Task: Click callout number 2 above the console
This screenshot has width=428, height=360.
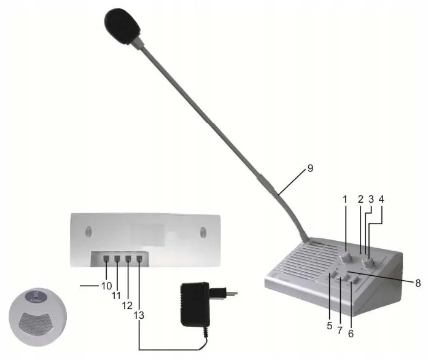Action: click(x=360, y=200)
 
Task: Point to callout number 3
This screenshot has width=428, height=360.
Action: click(x=371, y=200)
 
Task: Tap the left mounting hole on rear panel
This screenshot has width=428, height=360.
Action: click(x=87, y=232)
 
